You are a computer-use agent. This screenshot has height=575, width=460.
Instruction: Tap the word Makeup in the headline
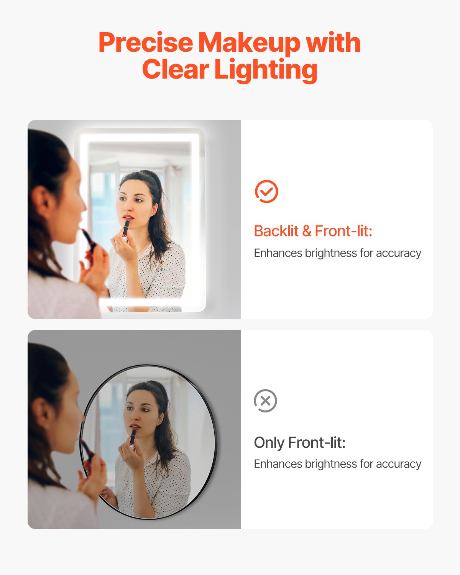(x=249, y=43)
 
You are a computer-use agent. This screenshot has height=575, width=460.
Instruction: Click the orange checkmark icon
(x=266, y=191)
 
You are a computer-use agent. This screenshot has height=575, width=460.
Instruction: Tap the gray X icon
(x=265, y=401)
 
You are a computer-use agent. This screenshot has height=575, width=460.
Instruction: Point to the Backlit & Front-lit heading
(x=313, y=231)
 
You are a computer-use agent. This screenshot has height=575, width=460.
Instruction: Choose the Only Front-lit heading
(x=300, y=443)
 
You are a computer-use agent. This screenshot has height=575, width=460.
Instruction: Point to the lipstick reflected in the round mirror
(x=133, y=437)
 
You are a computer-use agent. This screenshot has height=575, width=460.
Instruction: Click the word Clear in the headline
(x=175, y=70)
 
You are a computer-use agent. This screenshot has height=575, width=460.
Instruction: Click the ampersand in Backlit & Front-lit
(x=306, y=231)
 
